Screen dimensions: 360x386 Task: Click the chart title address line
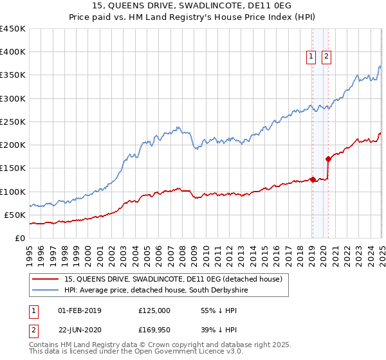click(193, 7)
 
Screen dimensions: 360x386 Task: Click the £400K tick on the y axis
click(13, 52)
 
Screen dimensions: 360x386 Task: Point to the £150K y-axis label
click(13, 168)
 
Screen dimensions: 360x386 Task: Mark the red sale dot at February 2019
click(313, 179)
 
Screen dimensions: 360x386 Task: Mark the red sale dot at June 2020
click(328, 159)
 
